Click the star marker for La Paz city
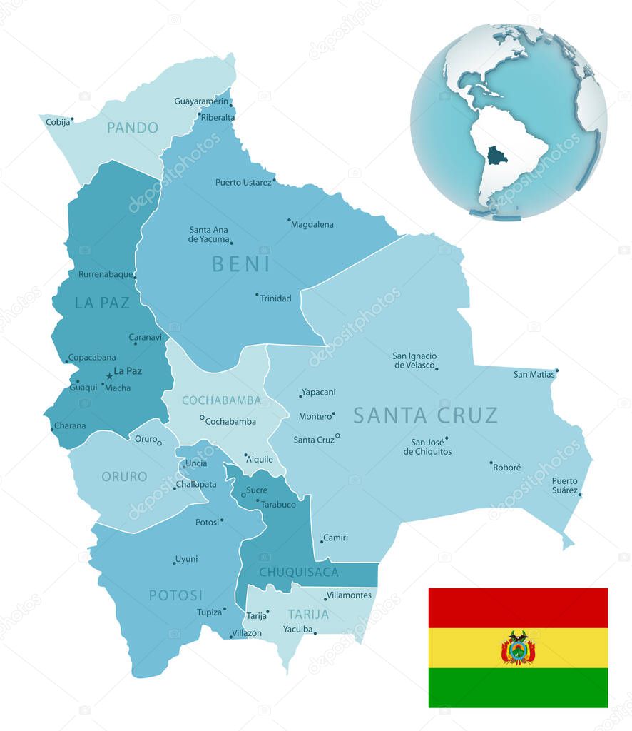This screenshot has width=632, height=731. (109, 375)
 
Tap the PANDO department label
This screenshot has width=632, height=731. (133, 128)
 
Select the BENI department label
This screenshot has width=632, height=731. (241, 264)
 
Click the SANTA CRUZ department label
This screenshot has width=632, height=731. (425, 415)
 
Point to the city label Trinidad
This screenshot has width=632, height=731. (275, 298)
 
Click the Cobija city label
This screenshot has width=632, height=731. (58, 122)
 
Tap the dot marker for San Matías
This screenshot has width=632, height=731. (556, 370)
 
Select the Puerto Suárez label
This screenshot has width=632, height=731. (564, 485)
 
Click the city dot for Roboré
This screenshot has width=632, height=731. (491, 463)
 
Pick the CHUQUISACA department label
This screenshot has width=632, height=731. (299, 572)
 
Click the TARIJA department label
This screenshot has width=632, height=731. (308, 614)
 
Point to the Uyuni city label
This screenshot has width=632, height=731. (187, 559)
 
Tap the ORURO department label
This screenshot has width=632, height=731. (124, 476)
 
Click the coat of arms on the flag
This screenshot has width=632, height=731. (518, 647)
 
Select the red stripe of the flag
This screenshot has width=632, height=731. (518, 608)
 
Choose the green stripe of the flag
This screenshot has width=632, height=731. (518, 687)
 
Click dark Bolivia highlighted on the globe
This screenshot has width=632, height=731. (496, 156)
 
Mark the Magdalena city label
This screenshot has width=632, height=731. (312, 225)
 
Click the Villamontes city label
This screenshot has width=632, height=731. (349, 595)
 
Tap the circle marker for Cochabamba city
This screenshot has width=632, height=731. (202, 418)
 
